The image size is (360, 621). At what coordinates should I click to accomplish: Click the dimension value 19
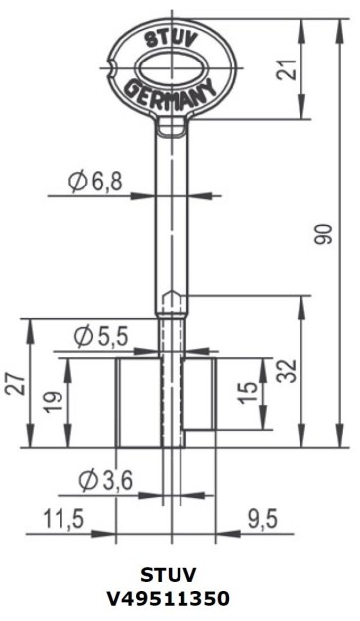[55, 402]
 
